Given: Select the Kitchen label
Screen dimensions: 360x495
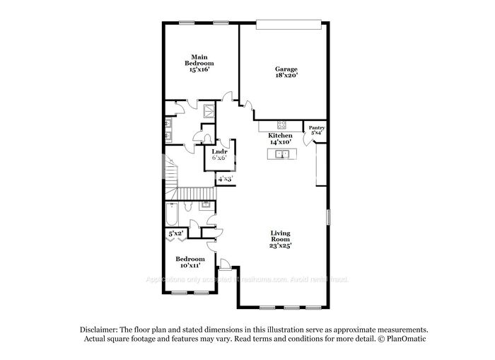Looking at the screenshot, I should pyautogui.click(x=280, y=135).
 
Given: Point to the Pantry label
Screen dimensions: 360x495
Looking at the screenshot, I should pyautogui.click(x=316, y=127).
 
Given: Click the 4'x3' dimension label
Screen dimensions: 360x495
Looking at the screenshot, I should pyautogui.click(x=225, y=180).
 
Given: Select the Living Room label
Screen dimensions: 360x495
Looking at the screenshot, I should pyautogui.click(x=281, y=236).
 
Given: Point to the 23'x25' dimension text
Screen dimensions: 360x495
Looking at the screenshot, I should pyautogui.click(x=281, y=246).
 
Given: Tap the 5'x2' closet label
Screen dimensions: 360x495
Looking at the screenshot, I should pyautogui.click(x=174, y=233).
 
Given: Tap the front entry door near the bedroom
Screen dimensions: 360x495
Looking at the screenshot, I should pyautogui.click(x=226, y=266).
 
